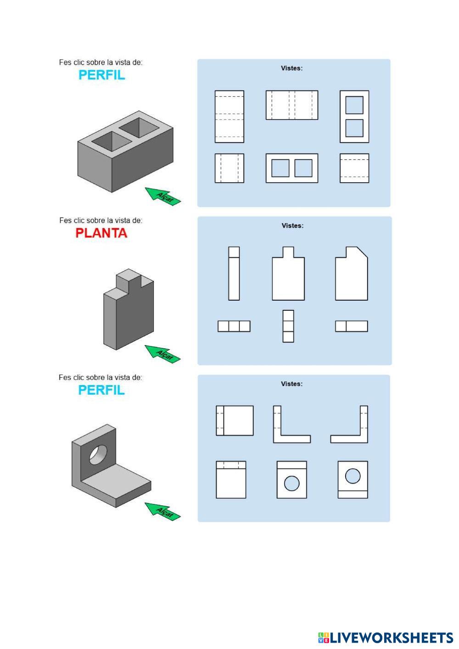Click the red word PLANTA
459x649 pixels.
(101, 233)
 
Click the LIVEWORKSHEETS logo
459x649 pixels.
(386, 638)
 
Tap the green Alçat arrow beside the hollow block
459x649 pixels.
(162, 196)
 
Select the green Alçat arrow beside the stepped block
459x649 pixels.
(162, 353)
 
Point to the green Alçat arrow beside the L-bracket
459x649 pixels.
(162, 511)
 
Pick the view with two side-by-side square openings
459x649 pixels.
(291, 168)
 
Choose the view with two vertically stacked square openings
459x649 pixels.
(354, 116)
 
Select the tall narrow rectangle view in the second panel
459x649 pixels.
(234, 274)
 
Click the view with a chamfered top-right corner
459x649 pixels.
(352, 274)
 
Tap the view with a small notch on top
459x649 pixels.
(288, 274)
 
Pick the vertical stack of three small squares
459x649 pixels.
(288, 326)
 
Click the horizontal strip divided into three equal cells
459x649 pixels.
(234, 326)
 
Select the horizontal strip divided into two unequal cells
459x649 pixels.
(352, 326)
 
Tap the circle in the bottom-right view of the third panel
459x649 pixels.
(353, 476)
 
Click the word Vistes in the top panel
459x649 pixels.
(291, 68)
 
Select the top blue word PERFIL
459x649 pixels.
(101, 75)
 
